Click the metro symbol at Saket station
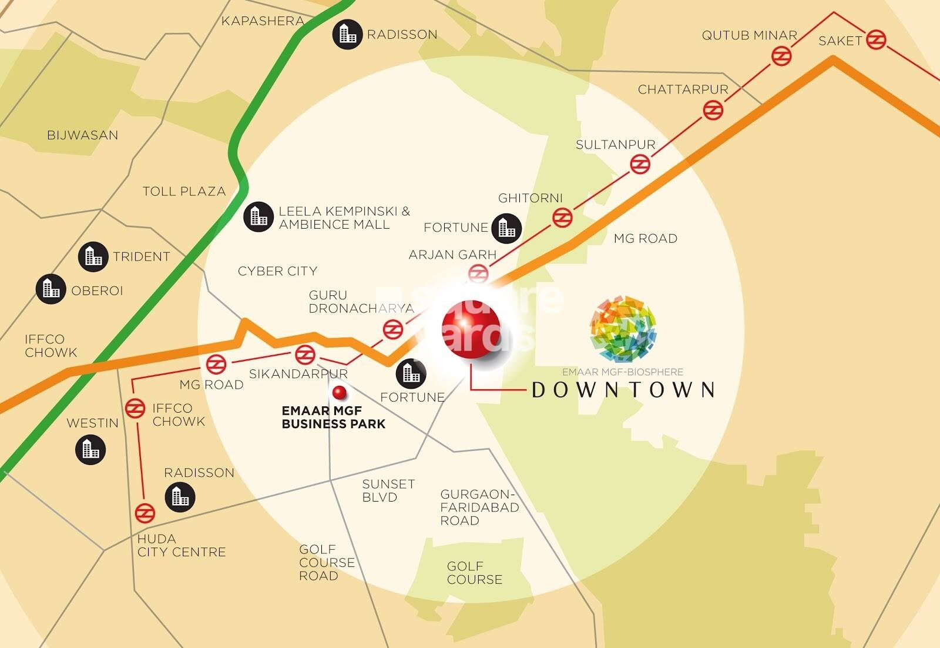pyautogui.click(x=875, y=39)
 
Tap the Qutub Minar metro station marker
pyautogui.click(x=781, y=56)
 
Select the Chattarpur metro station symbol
pyautogui.click(x=712, y=110)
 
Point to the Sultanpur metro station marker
pyautogui.click(x=640, y=164)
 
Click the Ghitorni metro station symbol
pyautogui.click(x=562, y=218)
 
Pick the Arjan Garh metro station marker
pyautogui.click(x=478, y=274)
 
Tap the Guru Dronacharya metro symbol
pyautogui.click(x=392, y=329)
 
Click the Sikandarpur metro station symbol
pyautogui.click(x=305, y=355)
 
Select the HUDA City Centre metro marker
pyautogui.click(x=145, y=513)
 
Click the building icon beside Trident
pyautogui.click(x=93, y=256)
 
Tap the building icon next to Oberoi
pyautogui.click(x=51, y=289)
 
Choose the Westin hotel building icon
pyautogui.click(x=90, y=450)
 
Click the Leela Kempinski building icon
pyautogui.click(x=258, y=216)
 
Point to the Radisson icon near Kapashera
pyautogui.click(x=347, y=34)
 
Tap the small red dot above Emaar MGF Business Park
pyautogui.click(x=339, y=393)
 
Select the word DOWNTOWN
pyautogui.click(x=623, y=390)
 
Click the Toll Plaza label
pyautogui.click(x=184, y=191)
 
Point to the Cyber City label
pyautogui.click(x=277, y=271)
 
